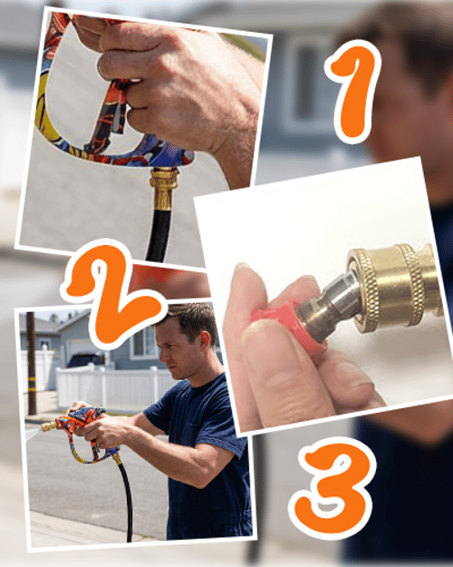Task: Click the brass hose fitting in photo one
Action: pyautogui.click(x=164, y=189)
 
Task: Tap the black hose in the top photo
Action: pyautogui.click(x=159, y=235)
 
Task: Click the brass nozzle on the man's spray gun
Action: pyautogui.click(x=49, y=426)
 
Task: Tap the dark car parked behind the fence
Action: pyautogui.click(x=86, y=360)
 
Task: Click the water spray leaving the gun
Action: pyautogui.click(x=34, y=434)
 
